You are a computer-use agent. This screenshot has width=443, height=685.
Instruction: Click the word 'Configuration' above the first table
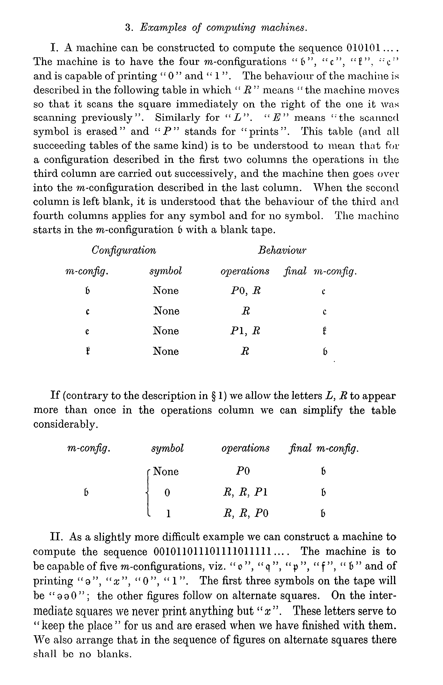click(x=124, y=250)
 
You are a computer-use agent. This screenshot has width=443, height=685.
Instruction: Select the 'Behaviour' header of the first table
click(x=282, y=250)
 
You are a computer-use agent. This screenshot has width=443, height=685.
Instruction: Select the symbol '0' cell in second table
click(x=167, y=493)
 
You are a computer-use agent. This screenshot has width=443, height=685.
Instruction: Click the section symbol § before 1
click(x=213, y=396)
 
